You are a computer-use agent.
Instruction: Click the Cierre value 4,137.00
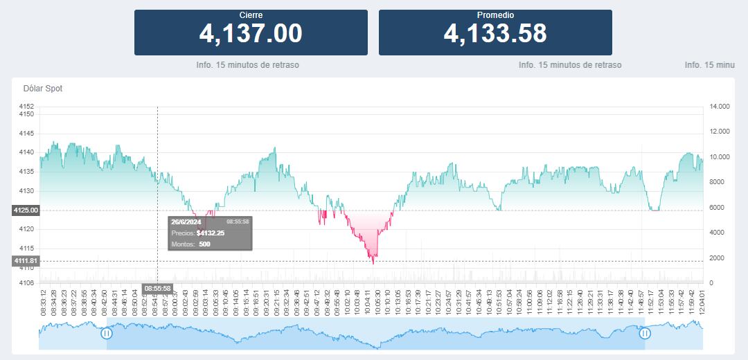(251, 33)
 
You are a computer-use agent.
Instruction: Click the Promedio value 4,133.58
(495, 33)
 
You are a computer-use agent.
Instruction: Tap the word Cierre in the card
(251, 15)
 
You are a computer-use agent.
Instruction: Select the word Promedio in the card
(495, 15)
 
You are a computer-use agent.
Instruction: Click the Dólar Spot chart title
(43, 89)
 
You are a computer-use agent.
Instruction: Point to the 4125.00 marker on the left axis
(26, 210)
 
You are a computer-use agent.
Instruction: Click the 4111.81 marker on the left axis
(26, 261)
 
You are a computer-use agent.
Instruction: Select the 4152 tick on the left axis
(26, 107)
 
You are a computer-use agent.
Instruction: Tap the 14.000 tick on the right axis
(720, 107)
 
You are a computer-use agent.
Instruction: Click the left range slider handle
(107, 333)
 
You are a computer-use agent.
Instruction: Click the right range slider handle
(645, 333)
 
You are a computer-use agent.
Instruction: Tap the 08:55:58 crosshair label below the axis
(157, 288)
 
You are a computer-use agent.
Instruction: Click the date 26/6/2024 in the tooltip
(186, 222)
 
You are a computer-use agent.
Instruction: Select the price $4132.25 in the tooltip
(211, 233)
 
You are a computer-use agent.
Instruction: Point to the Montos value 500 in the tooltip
(204, 244)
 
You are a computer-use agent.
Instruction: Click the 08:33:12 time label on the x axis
(44, 302)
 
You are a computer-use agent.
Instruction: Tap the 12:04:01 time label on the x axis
(702, 302)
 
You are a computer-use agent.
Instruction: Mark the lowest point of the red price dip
(373, 264)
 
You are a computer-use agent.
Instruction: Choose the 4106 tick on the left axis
(26, 282)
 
